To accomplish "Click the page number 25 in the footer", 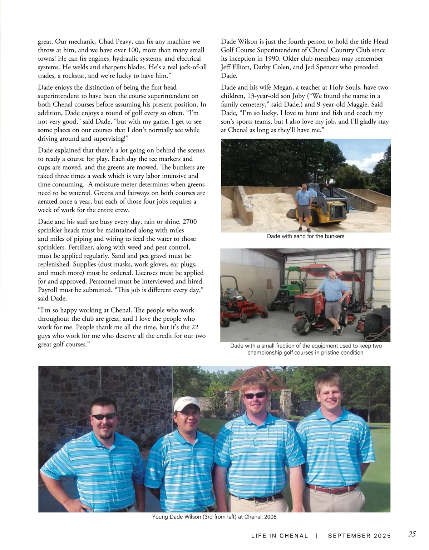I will pos(412,534).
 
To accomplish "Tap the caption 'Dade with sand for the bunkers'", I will pos(306,236).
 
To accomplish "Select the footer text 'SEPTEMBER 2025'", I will pos(359,536).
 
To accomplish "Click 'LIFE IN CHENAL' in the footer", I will pos(280,536).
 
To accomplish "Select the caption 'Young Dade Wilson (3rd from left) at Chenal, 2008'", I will pos(214,517).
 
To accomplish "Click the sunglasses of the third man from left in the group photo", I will pos(255,395).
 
